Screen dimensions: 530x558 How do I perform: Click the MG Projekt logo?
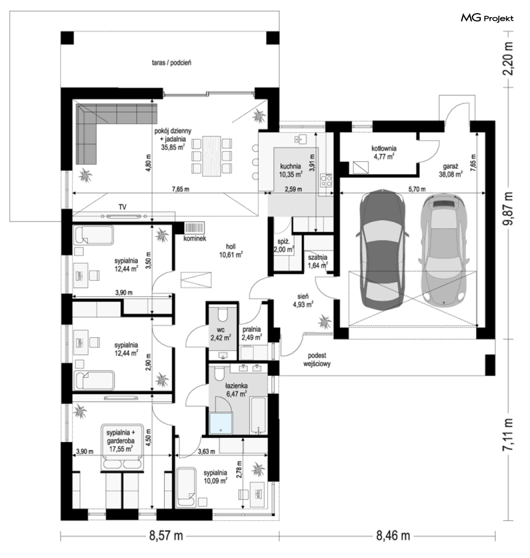pyautogui.click(x=487, y=18)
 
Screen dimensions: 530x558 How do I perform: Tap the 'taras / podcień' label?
pyautogui.click(x=171, y=63)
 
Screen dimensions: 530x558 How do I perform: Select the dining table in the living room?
pyautogui.click(x=212, y=156)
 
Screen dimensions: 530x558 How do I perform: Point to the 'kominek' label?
pyautogui.click(x=195, y=239)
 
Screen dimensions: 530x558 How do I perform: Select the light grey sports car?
pyautogui.click(x=444, y=249)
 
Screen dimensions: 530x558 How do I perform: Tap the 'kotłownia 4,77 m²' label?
pyautogui.click(x=384, y=152)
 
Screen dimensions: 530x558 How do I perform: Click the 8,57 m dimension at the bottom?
pyautogui.click(x=166, y=535)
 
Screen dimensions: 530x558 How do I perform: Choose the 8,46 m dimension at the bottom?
pyautogui.click(x=393, y=535)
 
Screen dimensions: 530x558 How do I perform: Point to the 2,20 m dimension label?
pyautogui.click(x=508, y=59)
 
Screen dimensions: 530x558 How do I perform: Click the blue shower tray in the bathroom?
pyautogui.click(x=221, y=423)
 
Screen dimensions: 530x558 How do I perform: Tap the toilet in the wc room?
pyautogui.click(x=223, y=315)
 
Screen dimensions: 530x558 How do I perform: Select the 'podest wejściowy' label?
pyautogui.click(x=317, y=359)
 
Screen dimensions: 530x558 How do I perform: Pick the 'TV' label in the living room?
pyautogui.click(x=123, y=207)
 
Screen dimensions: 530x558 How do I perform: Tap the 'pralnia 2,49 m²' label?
pyautogui.click(x=252, y=333)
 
